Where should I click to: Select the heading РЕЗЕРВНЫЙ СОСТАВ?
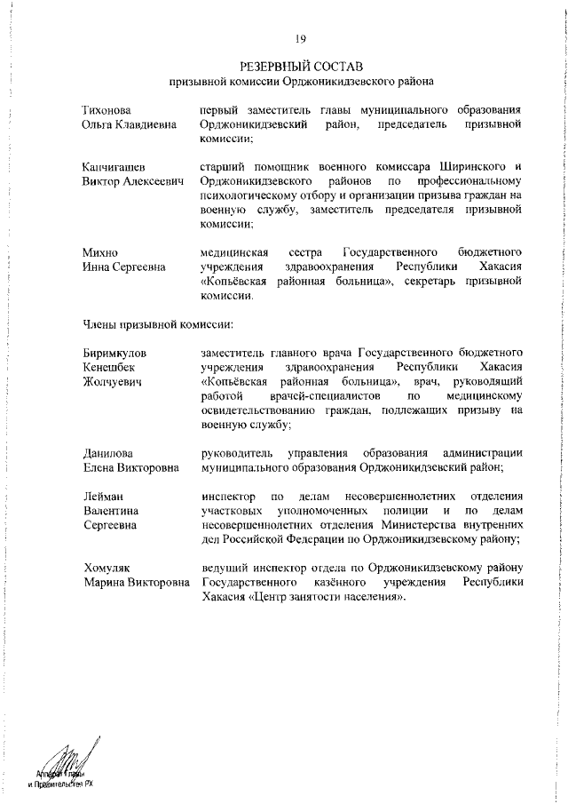(x=302, y=67)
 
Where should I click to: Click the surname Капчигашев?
(x=114, y=167)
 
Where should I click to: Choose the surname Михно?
(x=100, y=253)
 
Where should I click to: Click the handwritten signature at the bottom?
(x=69, y=760)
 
